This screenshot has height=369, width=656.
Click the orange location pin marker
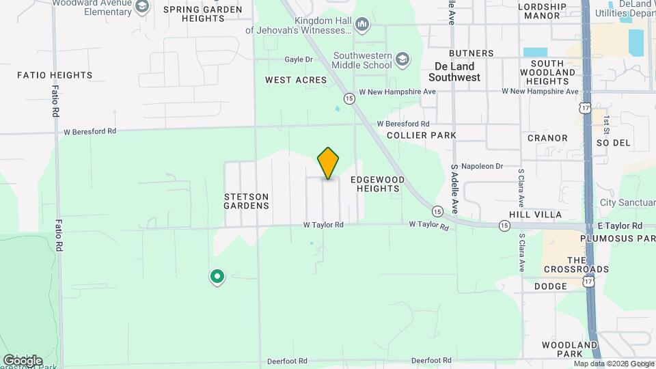[329, 163]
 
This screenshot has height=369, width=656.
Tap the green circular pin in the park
[217, 276]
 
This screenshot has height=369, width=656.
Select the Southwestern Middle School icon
[402, 59]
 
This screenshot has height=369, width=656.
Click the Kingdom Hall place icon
[362, 25]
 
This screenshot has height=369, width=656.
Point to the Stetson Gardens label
[247, 200]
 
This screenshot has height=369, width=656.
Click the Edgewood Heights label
[378, 184]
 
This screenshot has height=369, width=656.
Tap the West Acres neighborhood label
[296, 80]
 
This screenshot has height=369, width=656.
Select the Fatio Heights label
[55, 75]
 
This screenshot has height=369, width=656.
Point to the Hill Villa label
[539, 215]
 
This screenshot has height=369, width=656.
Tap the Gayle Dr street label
[299, 59]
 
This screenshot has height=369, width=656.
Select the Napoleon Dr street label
[482, 166]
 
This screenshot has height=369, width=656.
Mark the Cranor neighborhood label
[547, 138]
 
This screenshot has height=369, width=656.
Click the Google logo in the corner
[23, 360]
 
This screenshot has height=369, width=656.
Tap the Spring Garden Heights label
[203, 14]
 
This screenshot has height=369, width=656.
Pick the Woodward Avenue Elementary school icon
[142, 8]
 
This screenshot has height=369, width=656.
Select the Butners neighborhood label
[471, 53]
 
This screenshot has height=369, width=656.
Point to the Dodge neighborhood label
[551, 286]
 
